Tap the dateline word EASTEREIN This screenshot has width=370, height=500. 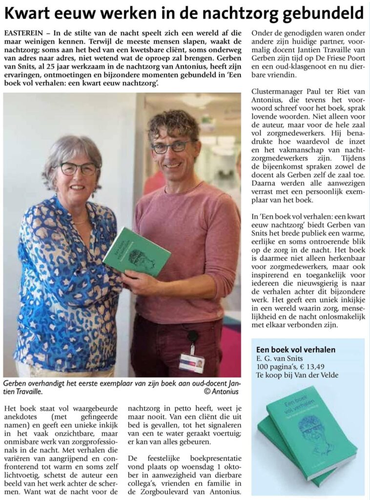[22, 33]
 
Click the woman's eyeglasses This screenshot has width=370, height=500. [78, 169]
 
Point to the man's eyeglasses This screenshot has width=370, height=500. [170, 146]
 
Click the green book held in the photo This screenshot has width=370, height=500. [136, 251]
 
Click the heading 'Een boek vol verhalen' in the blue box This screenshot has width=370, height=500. [296, 350]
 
